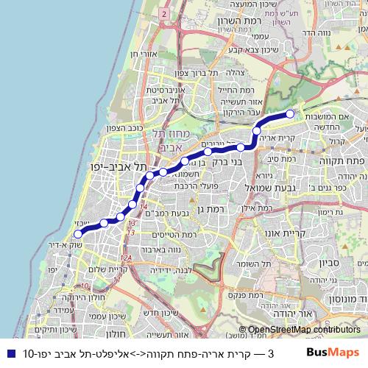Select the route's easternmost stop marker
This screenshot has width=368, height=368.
[x=291, y=113]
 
